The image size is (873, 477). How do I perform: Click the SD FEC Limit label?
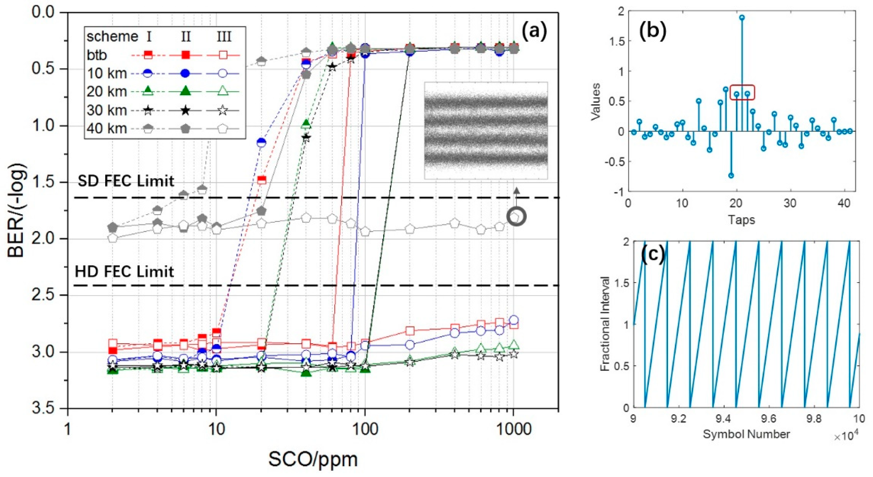126,181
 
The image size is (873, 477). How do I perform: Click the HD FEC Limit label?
124,272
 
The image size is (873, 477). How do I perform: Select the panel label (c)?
653,255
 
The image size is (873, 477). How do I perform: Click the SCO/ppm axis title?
313,460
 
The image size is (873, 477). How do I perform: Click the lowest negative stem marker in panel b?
731,175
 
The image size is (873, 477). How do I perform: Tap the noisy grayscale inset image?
486,130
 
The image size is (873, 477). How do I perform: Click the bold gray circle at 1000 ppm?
516,216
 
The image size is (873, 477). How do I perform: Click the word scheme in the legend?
112,37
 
